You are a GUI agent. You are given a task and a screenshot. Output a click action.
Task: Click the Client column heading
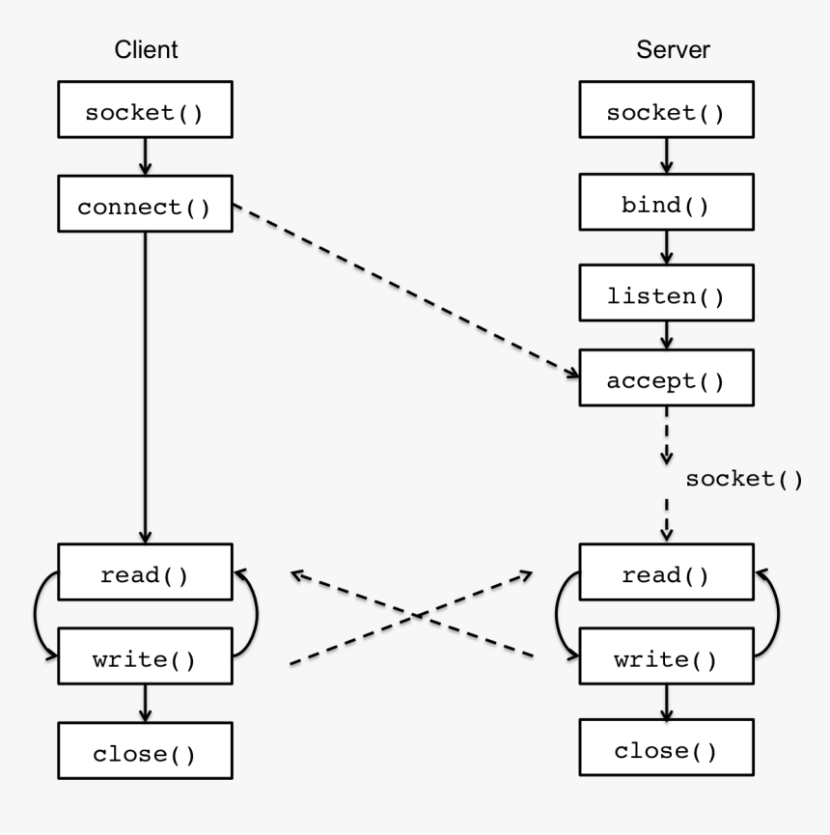145,51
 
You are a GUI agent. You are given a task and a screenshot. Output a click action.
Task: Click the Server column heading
665,51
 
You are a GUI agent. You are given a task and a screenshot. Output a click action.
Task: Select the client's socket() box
145,113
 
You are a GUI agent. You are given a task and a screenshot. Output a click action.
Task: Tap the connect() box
145,207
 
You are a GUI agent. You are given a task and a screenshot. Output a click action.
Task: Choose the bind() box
665,207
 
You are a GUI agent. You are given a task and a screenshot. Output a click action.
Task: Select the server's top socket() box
665,113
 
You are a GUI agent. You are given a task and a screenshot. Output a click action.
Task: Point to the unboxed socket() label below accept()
743,479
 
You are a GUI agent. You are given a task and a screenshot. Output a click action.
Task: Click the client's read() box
145,576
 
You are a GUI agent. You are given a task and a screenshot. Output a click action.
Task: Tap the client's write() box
145,661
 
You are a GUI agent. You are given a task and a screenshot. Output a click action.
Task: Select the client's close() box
145,754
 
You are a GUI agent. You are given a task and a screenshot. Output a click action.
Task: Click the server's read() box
665,576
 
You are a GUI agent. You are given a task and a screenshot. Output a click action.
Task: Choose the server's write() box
665,661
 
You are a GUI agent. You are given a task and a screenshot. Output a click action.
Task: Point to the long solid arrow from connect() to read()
145,386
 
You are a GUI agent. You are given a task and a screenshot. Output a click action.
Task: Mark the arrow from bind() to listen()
665,252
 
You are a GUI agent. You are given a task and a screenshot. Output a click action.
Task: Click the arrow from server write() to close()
665,706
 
